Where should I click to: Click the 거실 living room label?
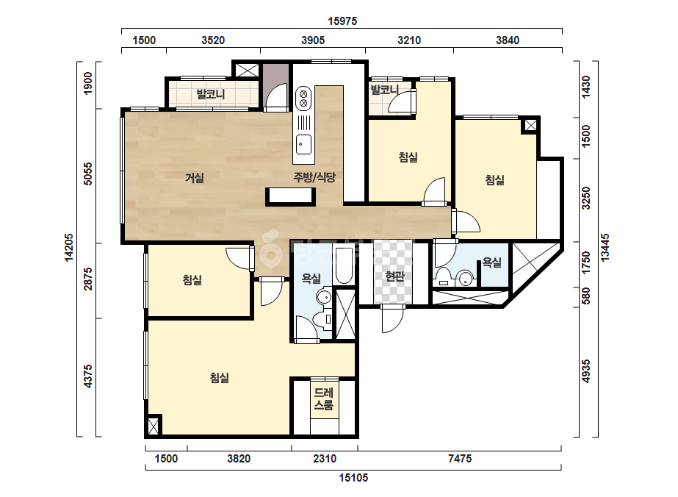[x=194, y=177]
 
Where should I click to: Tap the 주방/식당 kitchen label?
[x=314, y=177]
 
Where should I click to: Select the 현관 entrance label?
[x=394, y=276]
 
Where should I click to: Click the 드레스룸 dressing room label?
[x=323, y=399]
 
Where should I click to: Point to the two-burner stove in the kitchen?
[x=303, y=99]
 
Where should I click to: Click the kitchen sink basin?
[x=303, y=144]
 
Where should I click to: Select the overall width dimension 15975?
[x=342, y=21]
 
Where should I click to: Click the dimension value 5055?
[x=87, y=174]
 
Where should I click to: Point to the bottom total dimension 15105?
[x=353, y=478]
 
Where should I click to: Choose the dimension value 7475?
[x=460, y=459]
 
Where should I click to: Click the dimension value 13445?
[x=605, y=247]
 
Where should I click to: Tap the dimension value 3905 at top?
[x=313, y=40]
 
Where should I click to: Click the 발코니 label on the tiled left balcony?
[x=211, y=94]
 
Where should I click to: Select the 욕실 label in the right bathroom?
[x=491, y=262]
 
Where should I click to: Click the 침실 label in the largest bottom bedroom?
[x=219, y=377]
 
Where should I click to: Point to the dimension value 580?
[x=586, y=296]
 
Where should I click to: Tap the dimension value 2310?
[x=325, y=459]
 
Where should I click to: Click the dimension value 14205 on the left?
[x=69, y=248]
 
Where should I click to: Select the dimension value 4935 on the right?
[x=586, y=371]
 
